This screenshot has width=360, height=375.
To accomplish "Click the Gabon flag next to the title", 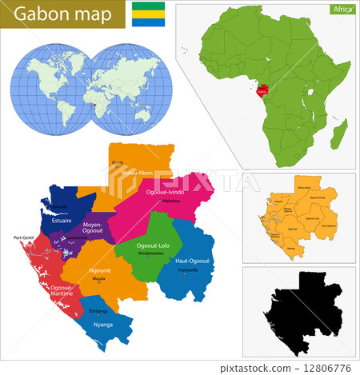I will [149, 14].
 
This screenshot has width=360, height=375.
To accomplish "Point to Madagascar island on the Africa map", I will [340, 133].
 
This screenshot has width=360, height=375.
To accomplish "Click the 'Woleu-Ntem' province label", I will [137, 172].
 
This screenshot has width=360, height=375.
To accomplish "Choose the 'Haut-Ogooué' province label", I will [192, 261].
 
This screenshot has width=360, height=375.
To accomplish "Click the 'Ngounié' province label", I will [100, 271].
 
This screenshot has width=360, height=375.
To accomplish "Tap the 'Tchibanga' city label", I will [98, 311].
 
